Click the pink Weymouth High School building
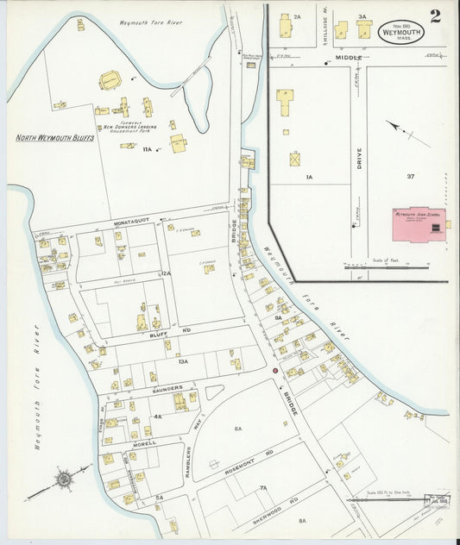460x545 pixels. pos(418,224)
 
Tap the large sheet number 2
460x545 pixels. pos(435,16)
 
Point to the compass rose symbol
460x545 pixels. pos(63,477)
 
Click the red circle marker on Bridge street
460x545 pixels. pos(275,371)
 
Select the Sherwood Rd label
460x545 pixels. pos(280,506)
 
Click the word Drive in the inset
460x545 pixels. pos(358,164)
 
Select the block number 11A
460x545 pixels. pos(147,149)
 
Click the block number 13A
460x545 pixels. pos(182,362)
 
